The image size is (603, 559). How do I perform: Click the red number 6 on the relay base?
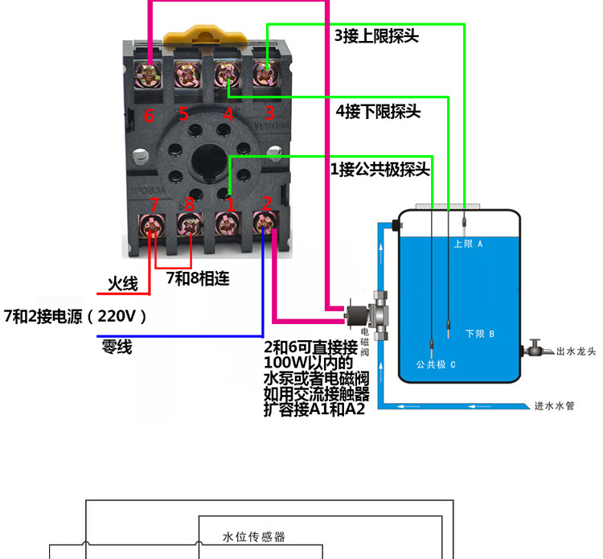pos(149,116)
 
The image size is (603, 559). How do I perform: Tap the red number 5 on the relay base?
pos(184,114)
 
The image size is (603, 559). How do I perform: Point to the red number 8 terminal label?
pos(190,204)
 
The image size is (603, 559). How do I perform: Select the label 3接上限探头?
pos(376,36)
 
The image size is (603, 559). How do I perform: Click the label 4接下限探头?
pos(378,111)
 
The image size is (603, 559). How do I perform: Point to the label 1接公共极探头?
pos(379,170)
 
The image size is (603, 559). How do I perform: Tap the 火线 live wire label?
pos(123,284)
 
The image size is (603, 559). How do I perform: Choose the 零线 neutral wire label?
pos(117,347)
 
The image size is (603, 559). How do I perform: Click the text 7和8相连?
pos(198,279)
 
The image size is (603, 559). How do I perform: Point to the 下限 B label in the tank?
pos(479,333)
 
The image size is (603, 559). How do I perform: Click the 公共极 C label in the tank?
pos(435,364)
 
